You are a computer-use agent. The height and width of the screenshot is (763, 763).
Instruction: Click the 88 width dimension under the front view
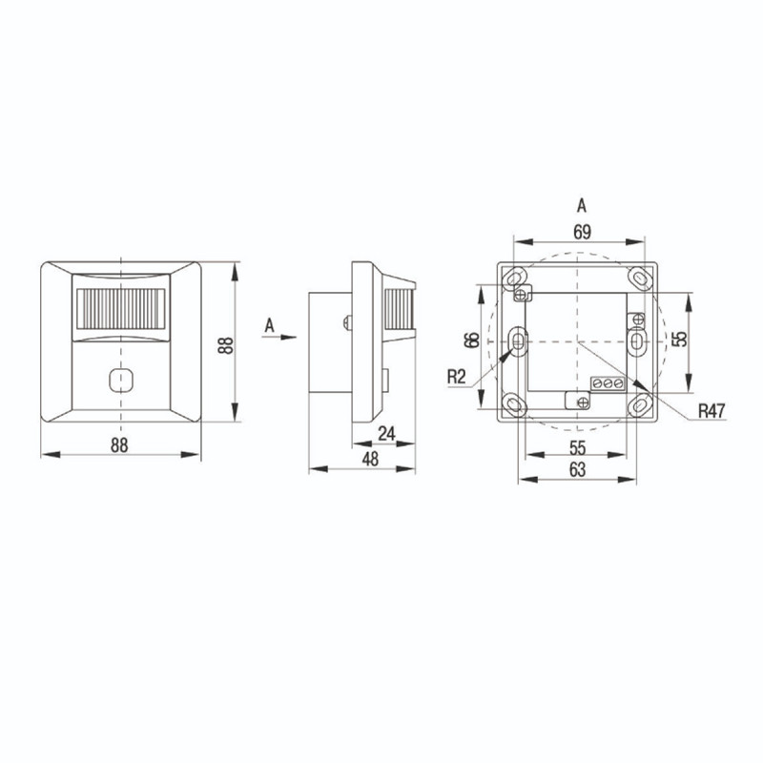[x=119, y=444]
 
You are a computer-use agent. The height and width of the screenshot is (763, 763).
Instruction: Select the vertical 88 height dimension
[x=226, y=345]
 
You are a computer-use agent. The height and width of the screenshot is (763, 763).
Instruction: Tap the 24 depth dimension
[x=387, y=433]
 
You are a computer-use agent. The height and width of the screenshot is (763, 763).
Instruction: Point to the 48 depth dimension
[x=371, y=459]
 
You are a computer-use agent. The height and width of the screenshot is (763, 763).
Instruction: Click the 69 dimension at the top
[x=582, y=232]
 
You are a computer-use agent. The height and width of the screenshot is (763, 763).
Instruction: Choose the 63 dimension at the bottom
[x=578, y=469]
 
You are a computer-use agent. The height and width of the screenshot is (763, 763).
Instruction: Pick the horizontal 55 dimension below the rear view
[x=578, y=447]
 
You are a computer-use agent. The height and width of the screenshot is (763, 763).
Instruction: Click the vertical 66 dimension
[x=472, y=340]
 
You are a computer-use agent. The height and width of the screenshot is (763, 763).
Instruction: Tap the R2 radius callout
[x=457, y=377]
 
